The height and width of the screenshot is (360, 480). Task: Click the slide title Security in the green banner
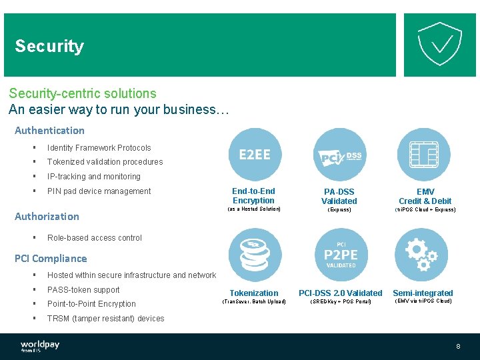(49, 46)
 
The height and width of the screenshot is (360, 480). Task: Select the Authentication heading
(49, 130)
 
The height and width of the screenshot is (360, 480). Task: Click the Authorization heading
(47, 216)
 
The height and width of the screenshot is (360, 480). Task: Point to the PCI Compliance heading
(51, 258)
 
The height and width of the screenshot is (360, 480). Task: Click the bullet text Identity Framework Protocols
(99, 148)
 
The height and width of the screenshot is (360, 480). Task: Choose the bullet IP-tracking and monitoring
(93, 177)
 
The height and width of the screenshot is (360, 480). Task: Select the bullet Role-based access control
(94, 237)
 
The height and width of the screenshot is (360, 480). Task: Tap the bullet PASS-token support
(83, 290)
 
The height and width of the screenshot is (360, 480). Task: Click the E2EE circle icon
(255, 155)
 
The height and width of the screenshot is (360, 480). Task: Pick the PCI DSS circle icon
(339, 155)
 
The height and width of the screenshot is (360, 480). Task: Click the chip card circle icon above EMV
(423, 155)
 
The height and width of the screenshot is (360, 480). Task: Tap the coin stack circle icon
(255, 255)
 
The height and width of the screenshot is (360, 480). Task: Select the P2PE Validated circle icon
(340, 255)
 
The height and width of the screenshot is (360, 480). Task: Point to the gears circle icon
(422, 255)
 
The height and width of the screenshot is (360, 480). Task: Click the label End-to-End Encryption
(253, 196)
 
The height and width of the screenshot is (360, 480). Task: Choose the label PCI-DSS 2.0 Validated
(340, 293)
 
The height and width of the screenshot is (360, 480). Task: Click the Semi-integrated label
(423, 293)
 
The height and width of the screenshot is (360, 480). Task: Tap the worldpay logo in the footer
(40, 346)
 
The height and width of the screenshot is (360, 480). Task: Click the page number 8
(458, 347)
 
